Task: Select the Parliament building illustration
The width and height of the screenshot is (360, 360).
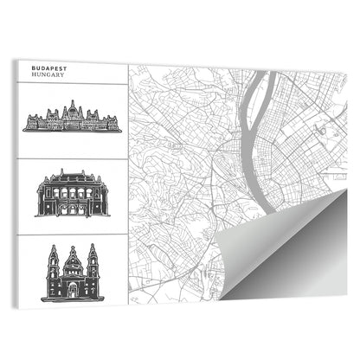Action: [71, 119]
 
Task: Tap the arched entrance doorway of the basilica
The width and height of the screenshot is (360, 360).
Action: [73, 289]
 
